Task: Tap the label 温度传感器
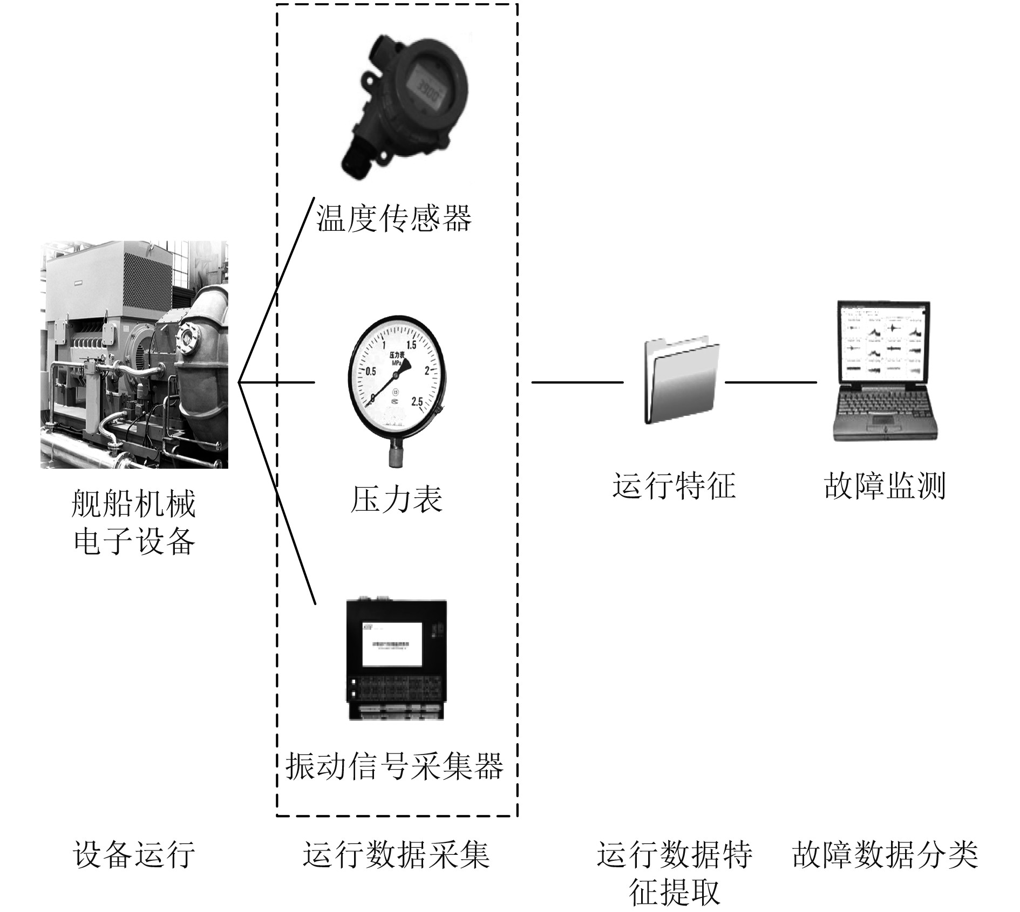pos(393,218)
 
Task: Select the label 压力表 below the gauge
pos(396,499)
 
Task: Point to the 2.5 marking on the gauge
pos(417,402)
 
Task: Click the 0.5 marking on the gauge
pos(371,371)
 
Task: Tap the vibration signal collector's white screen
pos(392,644)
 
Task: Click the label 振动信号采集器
pos(395,766)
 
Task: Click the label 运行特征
pos(674,485)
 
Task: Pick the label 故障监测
pos(885,485)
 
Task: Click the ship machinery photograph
pos(134,354)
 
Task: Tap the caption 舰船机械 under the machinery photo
pos(133,504)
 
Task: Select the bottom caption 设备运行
pos(134,854)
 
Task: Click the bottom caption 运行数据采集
pos(396,854)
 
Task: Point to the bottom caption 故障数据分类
pos(885,854)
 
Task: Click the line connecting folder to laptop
pos(770,382)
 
